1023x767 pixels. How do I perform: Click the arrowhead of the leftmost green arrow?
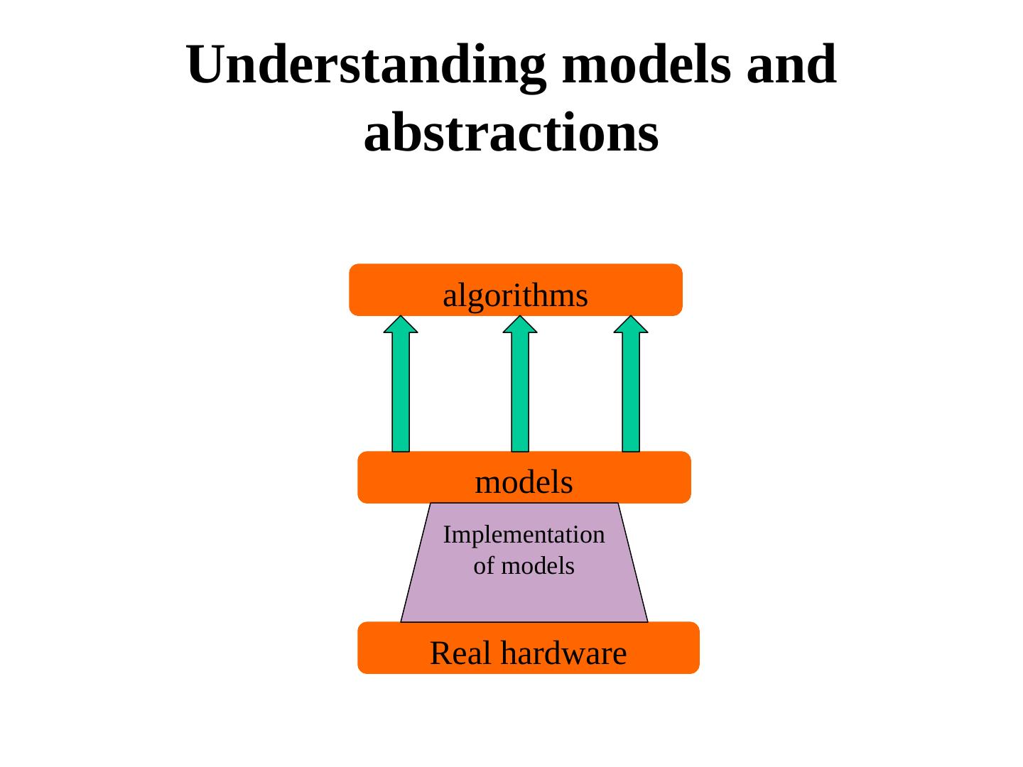401,325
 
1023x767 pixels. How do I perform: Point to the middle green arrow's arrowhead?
520,325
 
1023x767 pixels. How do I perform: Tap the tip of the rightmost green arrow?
631,317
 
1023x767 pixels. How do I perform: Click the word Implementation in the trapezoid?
524,535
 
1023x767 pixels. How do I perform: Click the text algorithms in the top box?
515,296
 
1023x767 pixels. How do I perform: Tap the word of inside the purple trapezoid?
482,567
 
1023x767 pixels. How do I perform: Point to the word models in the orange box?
524,483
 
